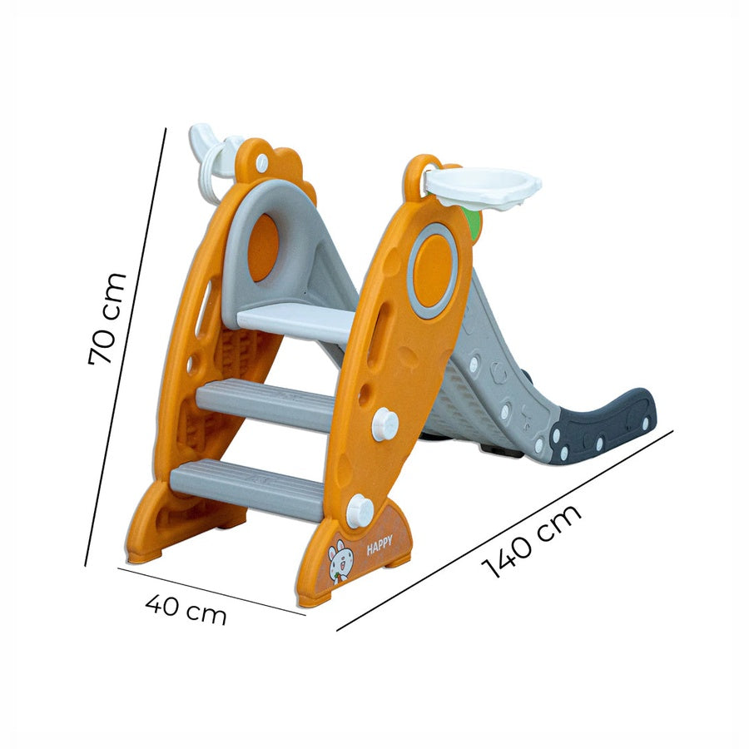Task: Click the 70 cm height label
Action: pos(107,319)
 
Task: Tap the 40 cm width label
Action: pos(186,609)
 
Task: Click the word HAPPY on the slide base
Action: pos(379,545)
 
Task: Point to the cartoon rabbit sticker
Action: pos(340,561)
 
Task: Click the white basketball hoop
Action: pos(483,186)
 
